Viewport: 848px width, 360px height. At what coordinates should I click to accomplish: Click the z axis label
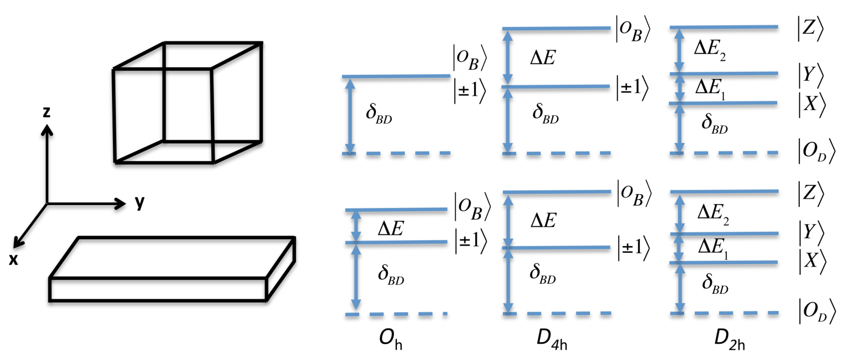[46, 112]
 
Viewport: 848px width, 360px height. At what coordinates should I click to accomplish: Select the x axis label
[14, 259]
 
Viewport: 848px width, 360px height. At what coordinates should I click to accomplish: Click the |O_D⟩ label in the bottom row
[816, 311]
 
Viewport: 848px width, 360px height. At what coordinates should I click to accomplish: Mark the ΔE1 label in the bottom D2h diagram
[713, 248]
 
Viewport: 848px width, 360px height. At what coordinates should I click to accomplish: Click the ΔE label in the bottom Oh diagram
[391, 228]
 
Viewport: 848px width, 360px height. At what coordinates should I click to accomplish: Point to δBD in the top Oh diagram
[379, 114]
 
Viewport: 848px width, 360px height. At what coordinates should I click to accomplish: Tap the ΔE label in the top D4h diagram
[543, 58]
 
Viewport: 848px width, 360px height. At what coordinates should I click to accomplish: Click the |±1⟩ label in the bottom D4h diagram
[633, 248]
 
